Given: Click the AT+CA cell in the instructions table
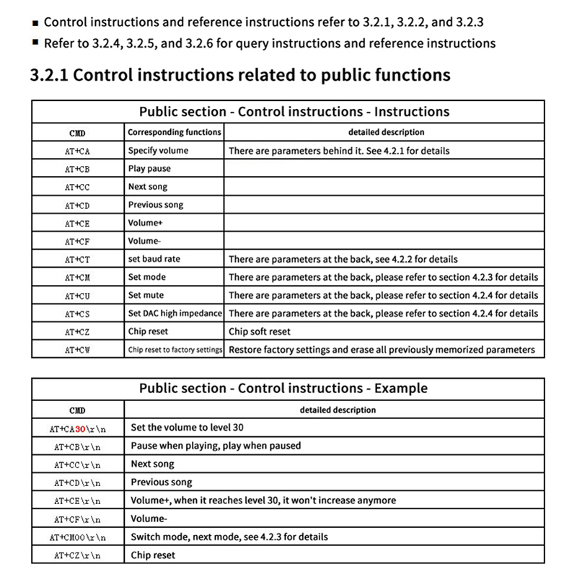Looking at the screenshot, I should pos(77,151).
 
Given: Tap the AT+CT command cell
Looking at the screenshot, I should pos(77,260).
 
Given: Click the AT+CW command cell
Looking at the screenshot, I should pos(77,350).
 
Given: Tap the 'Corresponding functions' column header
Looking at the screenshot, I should pos(175,133).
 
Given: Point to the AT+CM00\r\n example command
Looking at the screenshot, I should pos(77,537).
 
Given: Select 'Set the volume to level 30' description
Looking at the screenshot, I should pos(187,427).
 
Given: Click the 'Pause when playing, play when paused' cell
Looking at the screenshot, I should pos(216,446).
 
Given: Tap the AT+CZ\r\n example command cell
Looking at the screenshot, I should pos(77,555).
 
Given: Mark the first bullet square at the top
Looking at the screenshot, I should pos(36,23).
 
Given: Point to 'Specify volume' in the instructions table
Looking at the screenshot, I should pos(158,151).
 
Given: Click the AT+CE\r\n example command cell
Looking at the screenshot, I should pos(77,501).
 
